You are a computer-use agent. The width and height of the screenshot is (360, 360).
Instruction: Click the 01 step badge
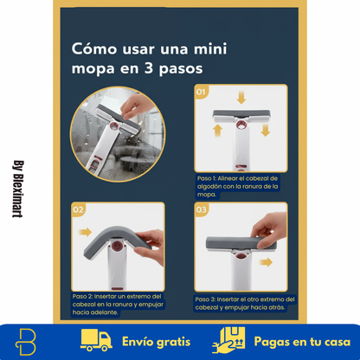201,89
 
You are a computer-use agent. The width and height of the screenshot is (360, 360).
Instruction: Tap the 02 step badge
78,209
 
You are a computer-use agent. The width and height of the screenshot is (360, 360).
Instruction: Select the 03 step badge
201,209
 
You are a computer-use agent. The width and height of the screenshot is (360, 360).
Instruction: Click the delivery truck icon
98,341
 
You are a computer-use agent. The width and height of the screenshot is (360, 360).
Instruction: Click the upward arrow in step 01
216,130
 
